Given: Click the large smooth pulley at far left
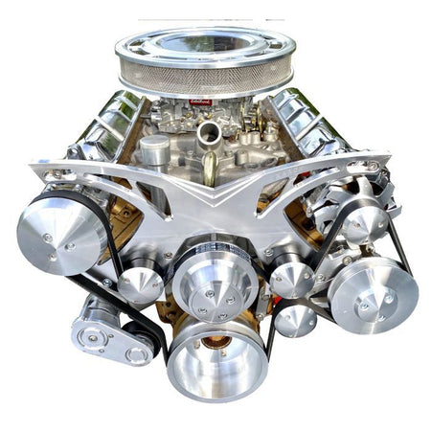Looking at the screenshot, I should click(x=60, y=234).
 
